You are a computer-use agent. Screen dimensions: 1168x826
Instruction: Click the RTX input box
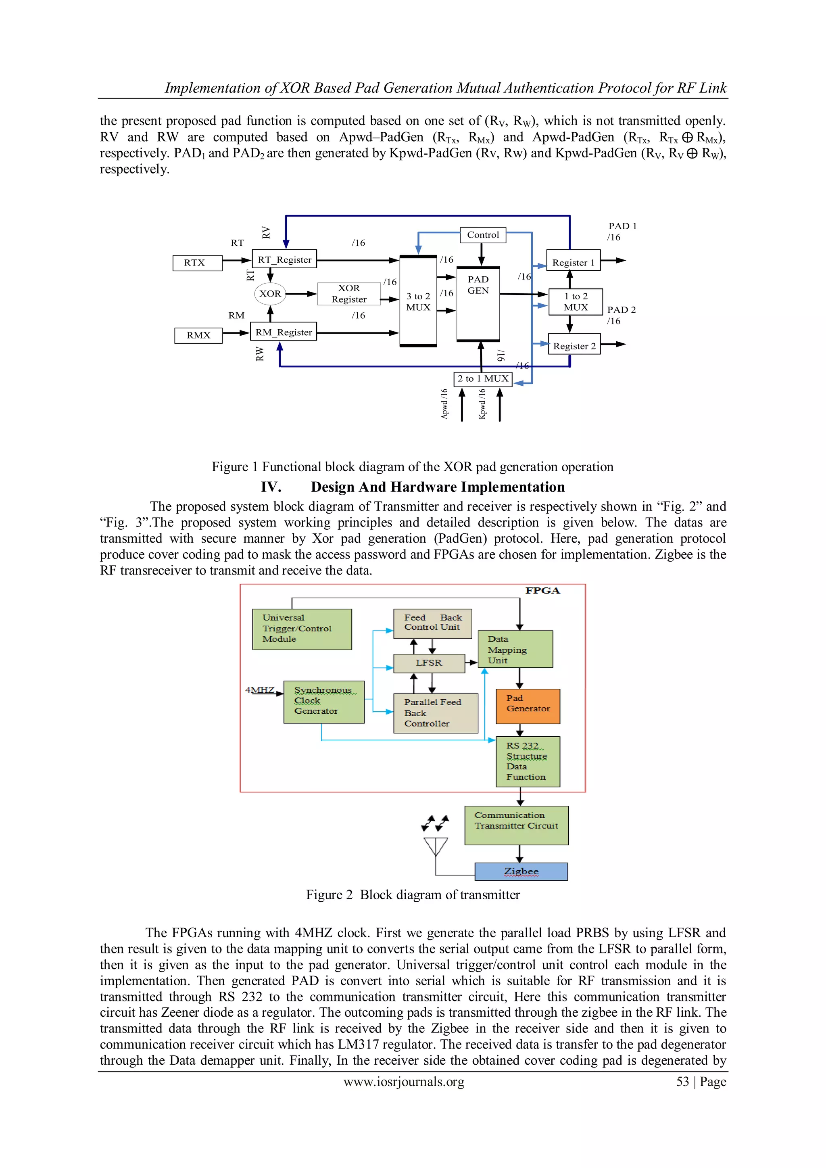(197, 263)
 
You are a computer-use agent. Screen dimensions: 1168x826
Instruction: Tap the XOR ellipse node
(270, 294)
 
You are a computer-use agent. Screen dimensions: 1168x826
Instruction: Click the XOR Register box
(349, 294)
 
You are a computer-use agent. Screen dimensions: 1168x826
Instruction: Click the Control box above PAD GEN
(483, 235)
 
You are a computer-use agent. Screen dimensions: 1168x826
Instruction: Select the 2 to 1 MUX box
(483, 379)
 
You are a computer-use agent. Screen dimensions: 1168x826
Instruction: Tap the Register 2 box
(574, 346)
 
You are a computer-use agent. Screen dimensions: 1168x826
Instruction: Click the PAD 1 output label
(622, 226)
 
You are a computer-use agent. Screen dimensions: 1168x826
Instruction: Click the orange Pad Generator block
(528, 706)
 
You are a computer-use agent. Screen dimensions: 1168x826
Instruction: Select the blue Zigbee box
(521, 871)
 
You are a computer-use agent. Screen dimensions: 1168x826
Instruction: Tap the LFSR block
(429, 663)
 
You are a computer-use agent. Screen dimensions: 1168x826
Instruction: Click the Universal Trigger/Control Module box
(302, 629)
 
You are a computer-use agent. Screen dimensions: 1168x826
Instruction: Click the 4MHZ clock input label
(259, 690)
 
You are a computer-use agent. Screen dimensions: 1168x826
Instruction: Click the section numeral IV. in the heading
(271, 487)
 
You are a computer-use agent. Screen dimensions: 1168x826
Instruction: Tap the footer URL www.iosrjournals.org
(404, 1082)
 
